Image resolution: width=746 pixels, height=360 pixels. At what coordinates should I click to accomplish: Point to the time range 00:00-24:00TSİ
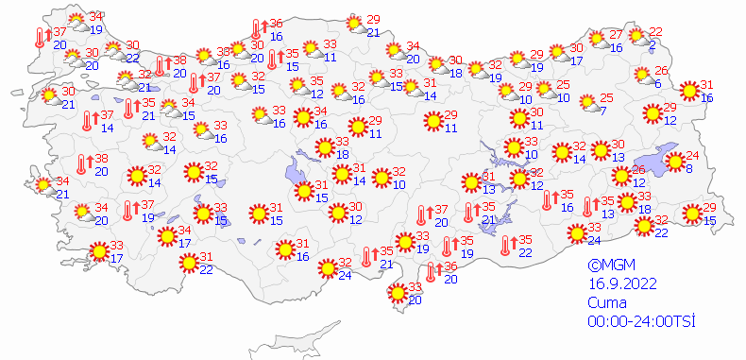coord(640,321)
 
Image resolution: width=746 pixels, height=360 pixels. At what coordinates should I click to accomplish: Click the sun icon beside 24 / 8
coord(674,162)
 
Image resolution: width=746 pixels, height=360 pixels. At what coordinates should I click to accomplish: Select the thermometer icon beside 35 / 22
coord(507,246)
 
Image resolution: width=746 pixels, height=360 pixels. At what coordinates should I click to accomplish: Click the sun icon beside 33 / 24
coord(576,232)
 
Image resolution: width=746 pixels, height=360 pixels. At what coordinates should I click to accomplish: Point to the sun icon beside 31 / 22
coord(188,262)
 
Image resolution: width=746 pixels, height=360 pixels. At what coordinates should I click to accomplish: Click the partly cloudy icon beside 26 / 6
coord(642,77)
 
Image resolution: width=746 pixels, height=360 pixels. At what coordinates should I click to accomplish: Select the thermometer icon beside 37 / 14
coord(88,121)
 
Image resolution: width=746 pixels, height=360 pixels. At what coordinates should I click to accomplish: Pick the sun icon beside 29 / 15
coord(692,214)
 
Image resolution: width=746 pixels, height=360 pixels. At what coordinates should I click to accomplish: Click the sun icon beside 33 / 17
coord(97,251)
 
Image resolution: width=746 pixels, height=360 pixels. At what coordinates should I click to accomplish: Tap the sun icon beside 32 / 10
coord(381,177)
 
